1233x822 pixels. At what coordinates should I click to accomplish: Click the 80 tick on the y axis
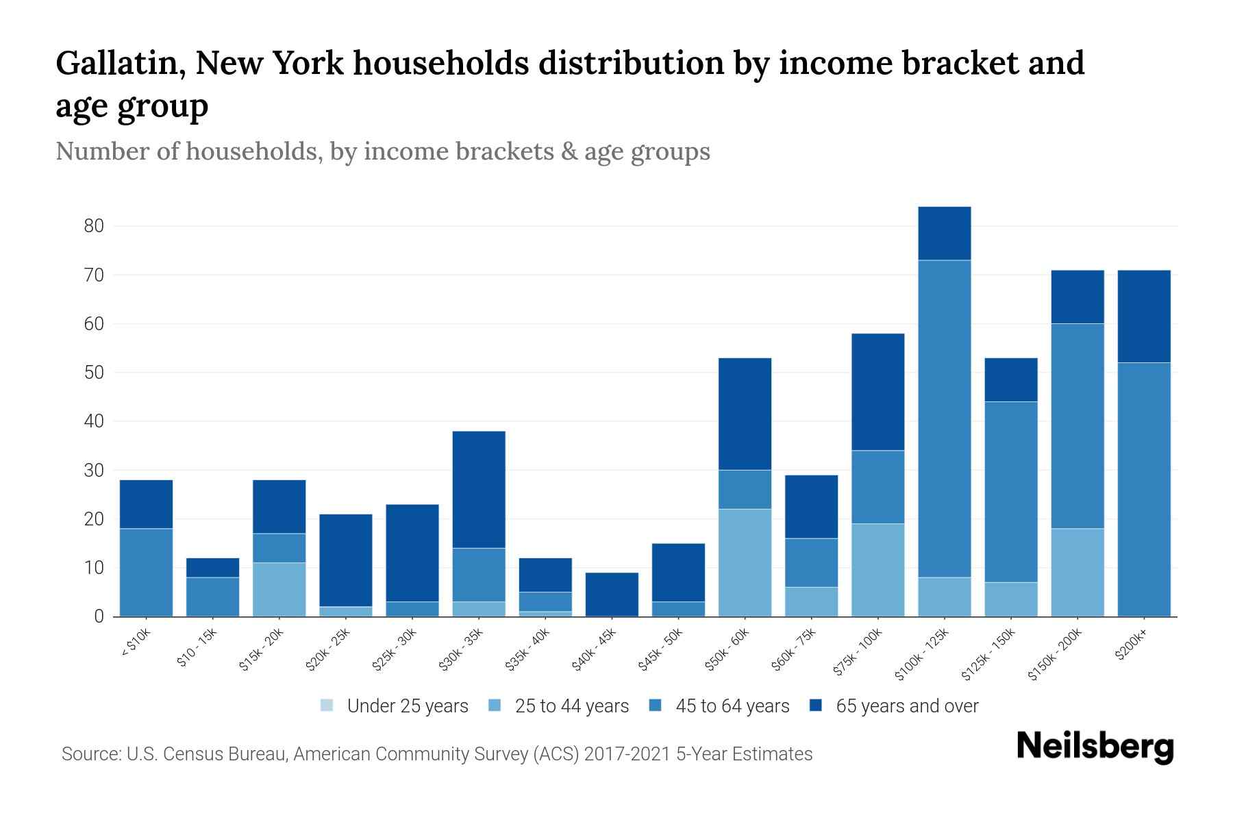[93, 226]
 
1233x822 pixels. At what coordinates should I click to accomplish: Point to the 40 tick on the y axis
[93, 421]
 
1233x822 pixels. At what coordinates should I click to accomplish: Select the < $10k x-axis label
[136, 644]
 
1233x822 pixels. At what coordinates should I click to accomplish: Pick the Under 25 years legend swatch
[327, 706]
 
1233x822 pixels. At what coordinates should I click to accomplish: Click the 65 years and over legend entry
[906, 706]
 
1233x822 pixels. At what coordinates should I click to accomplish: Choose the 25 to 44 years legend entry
[571, 706]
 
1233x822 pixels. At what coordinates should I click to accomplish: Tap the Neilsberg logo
[1095, 747]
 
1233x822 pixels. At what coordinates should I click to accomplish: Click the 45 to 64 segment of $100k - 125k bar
[944, 418]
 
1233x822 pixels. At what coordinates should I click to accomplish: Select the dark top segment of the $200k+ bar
[1143, 316]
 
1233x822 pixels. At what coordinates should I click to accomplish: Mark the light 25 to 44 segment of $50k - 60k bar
[745, 562]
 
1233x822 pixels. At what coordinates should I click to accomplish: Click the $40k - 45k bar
[612, 594]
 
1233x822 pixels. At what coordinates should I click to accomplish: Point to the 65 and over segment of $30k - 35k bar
[479, 489]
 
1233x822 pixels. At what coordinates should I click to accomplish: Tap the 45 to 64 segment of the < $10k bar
[146, 572]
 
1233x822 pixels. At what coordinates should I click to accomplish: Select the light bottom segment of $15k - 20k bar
[279, 589]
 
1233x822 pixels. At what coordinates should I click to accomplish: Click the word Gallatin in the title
[120, 63]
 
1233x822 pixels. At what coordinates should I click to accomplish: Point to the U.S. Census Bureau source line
[436, 754]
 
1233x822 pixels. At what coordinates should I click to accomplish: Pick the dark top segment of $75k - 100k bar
[877, 392]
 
